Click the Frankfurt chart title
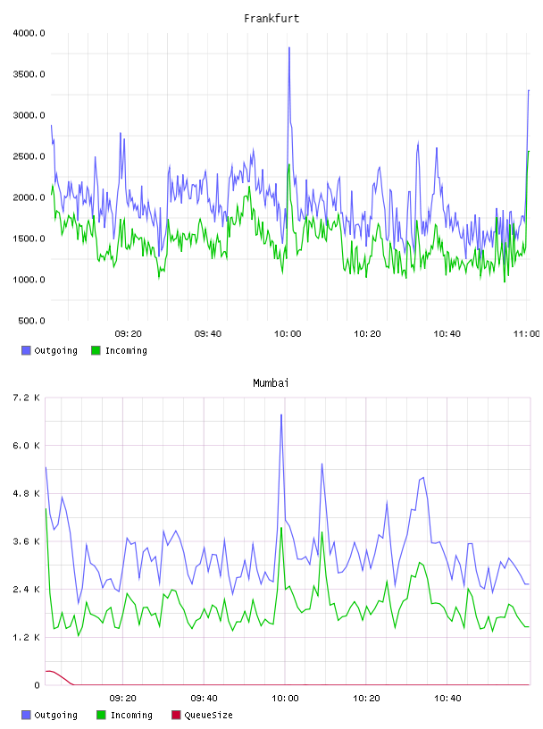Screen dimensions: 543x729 coord(271,18)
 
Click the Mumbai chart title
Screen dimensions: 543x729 coord(271,382)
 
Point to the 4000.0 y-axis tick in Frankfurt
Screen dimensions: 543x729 coord(29,33)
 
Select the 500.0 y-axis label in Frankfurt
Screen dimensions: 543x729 coord(31,321)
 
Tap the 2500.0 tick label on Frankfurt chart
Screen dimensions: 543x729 coord(29,156)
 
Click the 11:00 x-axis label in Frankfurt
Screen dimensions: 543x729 coord(526,333)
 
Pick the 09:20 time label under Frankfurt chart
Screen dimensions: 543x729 coord(128,333)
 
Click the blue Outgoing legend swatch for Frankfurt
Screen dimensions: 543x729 coord(26,350)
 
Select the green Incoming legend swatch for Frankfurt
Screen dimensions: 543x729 coord(96,350)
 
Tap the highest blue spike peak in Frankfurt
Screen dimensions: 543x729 coord(289,47)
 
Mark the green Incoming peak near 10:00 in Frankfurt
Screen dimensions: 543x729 coord(289,164)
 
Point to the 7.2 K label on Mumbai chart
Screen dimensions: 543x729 coord(26,398)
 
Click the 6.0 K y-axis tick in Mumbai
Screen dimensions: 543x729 coord(26,446)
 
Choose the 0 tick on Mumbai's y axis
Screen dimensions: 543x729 coord(37,685)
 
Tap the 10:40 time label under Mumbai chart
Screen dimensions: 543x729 coord(447,698)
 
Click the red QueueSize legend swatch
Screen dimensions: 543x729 coord(176,715)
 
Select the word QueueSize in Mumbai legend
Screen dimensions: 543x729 coord(208,715)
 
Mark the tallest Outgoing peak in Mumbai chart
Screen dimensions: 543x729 coord(281,415)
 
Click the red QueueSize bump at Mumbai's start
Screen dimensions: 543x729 coord(51,671)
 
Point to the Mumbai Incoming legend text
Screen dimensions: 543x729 coord(131,715)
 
